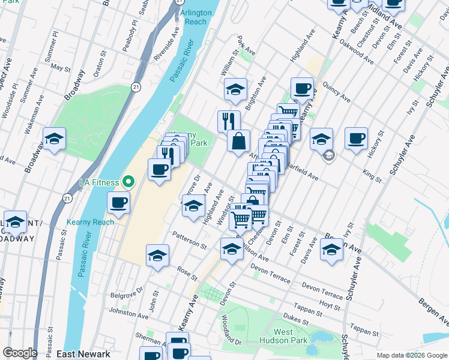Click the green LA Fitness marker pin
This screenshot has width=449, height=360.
[x=127, y=181]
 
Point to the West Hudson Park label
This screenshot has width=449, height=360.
[x=283, y=337]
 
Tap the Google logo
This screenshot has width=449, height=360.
[x=20, y=353]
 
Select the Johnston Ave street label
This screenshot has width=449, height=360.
[x=128, y=313]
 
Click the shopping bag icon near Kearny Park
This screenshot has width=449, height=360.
[x=239, y=141]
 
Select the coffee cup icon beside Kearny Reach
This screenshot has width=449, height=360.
[x=119, y=202]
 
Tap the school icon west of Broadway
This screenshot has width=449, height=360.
[x=54, y=139]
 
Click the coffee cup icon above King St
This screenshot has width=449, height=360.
[x=357, y=138]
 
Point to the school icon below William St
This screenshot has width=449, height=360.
[x=235, y=90]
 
